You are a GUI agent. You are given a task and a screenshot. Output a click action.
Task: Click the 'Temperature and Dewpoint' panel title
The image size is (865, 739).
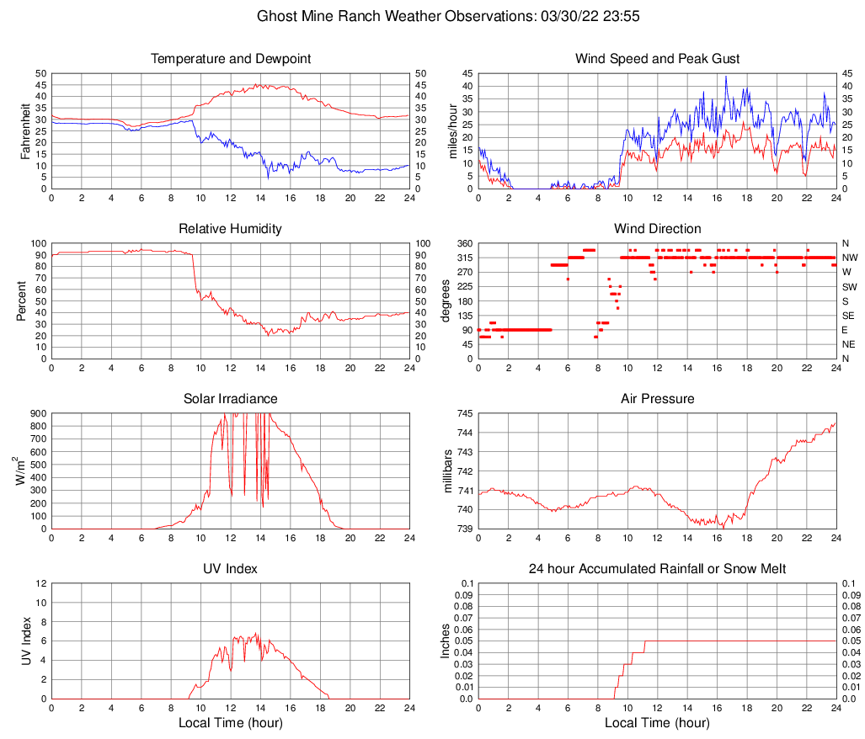click(231, 59)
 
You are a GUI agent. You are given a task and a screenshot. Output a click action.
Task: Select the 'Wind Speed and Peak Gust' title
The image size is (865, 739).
click(657, 59)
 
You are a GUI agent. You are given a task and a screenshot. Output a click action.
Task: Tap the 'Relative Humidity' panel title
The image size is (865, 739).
click(231, 229)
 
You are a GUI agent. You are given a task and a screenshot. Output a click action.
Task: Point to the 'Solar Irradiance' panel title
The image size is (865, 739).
click(231, 399)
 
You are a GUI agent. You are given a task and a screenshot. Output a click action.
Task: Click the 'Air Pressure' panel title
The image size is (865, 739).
click(657, 399)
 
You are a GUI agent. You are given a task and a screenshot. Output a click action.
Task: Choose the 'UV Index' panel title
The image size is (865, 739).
click(231, 569)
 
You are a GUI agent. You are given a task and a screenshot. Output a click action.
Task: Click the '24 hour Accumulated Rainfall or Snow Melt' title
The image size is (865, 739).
click(657, 569)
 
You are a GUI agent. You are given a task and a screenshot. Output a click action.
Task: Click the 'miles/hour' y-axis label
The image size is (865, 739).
click(452, 131)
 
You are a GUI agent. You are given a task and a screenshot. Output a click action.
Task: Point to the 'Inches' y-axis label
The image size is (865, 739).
click(446, 641)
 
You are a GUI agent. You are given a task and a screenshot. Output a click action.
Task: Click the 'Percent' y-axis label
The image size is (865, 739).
click(23, 301)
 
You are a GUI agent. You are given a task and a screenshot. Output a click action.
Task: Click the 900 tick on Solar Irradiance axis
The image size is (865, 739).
click(37, 413)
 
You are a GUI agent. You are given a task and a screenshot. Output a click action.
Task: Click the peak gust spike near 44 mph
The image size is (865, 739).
click(726, 77)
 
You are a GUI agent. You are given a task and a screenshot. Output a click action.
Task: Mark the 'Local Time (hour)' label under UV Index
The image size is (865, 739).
click(231, 723)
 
